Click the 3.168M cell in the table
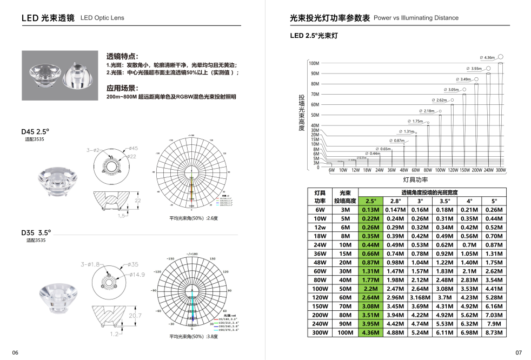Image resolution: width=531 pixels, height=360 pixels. (x=420, y=297)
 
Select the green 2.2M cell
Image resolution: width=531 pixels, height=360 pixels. (x=370, y=289)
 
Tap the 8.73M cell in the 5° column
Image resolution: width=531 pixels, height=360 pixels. (x=494, y=332)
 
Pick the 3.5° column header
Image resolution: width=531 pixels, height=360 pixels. (x=444, y=201)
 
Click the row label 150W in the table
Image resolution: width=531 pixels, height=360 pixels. (x=320, y=306)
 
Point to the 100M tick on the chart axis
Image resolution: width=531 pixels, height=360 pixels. (x=314, y=63)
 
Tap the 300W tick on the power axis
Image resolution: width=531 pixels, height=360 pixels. (x=500, y=170)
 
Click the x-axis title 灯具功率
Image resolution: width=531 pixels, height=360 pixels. (x=415, y=180)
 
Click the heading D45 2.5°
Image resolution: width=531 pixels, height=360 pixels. (x=35, y=131)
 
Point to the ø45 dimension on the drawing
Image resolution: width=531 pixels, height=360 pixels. (x=133, y=148)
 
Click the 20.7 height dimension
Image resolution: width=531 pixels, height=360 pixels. (x=135, y=315)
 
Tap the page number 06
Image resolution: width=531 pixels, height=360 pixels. (x=15, y=352)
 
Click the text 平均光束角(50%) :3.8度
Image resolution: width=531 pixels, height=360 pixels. (x=194, y=336)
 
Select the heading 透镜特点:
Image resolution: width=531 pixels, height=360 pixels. (x=122, y=56)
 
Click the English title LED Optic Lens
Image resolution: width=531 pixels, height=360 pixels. (x=102, y=18)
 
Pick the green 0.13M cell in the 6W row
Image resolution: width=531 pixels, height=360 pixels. (x=370, y=210)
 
